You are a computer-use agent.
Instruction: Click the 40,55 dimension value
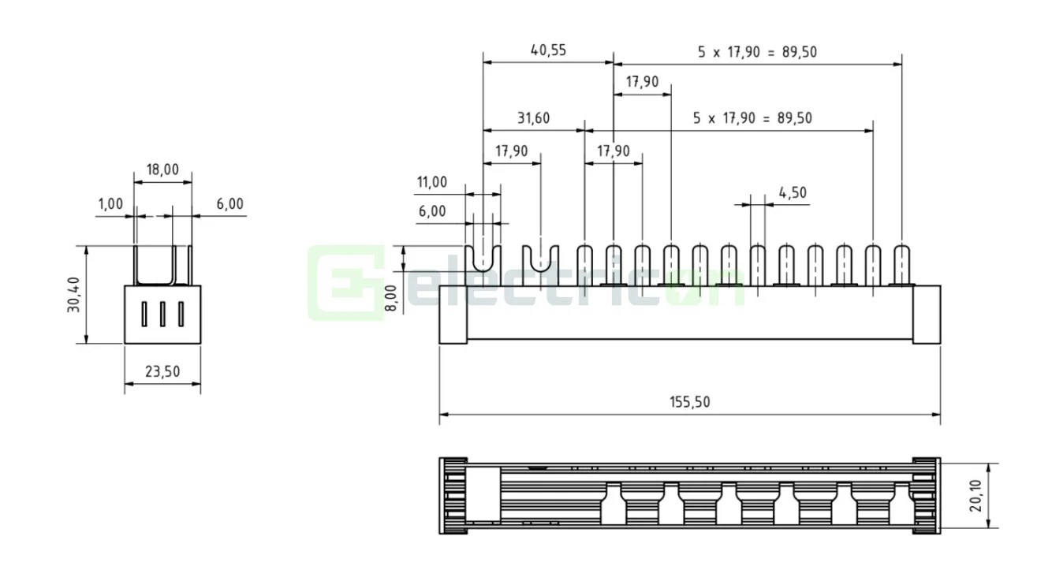tap(548, 50)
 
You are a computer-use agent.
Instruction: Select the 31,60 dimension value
tap(534, 118)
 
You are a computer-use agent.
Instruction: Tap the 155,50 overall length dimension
tap(690, 401)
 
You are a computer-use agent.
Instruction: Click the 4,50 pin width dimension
tap(792, 192)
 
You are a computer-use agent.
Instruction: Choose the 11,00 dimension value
tap(431, 182)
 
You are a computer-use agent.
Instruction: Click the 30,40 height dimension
tap(73, 294)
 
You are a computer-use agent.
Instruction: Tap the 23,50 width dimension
tap(162, 372)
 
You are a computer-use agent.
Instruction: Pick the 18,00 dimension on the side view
tap(162, 169)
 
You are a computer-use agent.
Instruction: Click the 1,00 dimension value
tap(110, 203)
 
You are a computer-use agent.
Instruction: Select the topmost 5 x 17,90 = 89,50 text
tap(757, 51)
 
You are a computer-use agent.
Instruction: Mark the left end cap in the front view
tap(453, 314)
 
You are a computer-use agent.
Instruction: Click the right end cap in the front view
tap(927, 314)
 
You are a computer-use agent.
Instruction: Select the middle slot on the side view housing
tap(162, 314)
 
